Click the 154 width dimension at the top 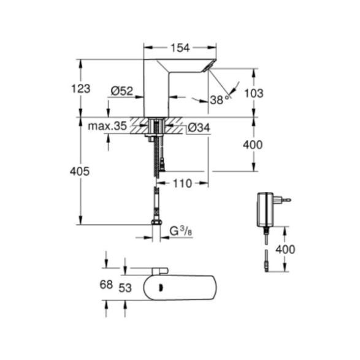coord(180,48)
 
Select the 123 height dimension coord(81,89)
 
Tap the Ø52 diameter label coord(122,91)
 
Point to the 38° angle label coord(220,100)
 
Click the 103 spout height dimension coord(254,93)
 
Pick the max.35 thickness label coord(107,126)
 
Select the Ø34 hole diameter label coord(199,128)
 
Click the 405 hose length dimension coord(80,171)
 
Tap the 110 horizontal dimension coord(182,183)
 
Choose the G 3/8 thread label coord(181,231)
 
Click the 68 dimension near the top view coord(106,285)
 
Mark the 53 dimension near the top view coord(125,288)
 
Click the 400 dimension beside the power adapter coord(285,250)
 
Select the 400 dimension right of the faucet coord(253,145)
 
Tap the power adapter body coord(266,209)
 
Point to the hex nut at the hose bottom coord(156,222)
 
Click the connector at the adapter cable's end coord(266,267)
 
